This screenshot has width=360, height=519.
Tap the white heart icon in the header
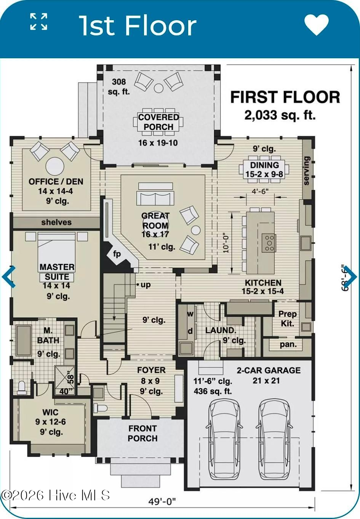317,24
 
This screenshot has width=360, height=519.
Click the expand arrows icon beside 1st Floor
39,22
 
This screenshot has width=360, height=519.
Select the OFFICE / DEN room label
56,181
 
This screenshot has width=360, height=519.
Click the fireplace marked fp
117,254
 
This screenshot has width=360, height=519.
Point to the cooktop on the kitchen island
269,243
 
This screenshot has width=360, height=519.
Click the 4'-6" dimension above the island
260,191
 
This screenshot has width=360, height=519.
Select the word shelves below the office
56,222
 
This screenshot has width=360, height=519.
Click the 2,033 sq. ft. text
280,115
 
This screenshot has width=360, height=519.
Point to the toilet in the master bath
22,388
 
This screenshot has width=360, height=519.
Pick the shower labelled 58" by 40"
65,380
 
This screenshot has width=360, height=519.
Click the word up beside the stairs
146,285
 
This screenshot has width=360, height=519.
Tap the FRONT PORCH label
142,433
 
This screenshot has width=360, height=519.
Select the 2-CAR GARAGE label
269,370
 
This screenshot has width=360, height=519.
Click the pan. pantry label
288,345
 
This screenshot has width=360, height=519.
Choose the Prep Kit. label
288,319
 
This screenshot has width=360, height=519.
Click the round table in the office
55,166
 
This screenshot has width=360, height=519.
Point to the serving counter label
306,171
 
